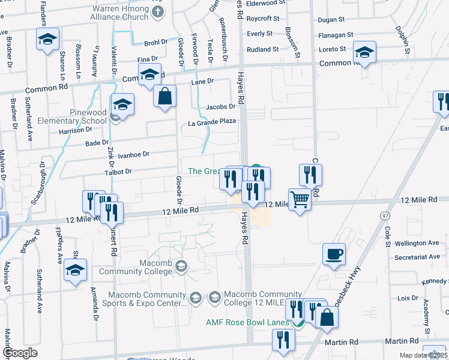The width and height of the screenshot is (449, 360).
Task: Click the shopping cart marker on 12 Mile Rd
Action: [x=300, y=199]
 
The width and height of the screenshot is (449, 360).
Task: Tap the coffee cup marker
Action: [x=334, y=253]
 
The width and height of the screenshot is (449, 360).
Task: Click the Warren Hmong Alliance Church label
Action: [x=120, y=13]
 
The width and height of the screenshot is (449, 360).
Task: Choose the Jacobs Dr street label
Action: [x=220, y=107]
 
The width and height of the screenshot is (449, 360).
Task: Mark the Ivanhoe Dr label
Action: [x=133, y=154]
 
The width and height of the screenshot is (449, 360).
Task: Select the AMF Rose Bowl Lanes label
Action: [x=248, y=322]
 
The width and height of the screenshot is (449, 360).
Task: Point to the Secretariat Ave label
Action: [x=418, y=257]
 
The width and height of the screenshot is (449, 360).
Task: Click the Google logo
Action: [x=20, y=353]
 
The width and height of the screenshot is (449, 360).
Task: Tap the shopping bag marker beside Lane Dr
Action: [x=164, y=96]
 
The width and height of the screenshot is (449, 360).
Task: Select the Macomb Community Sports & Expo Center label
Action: [x=147, y=299]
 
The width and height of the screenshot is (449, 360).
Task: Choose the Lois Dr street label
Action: [x=408, y=298]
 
